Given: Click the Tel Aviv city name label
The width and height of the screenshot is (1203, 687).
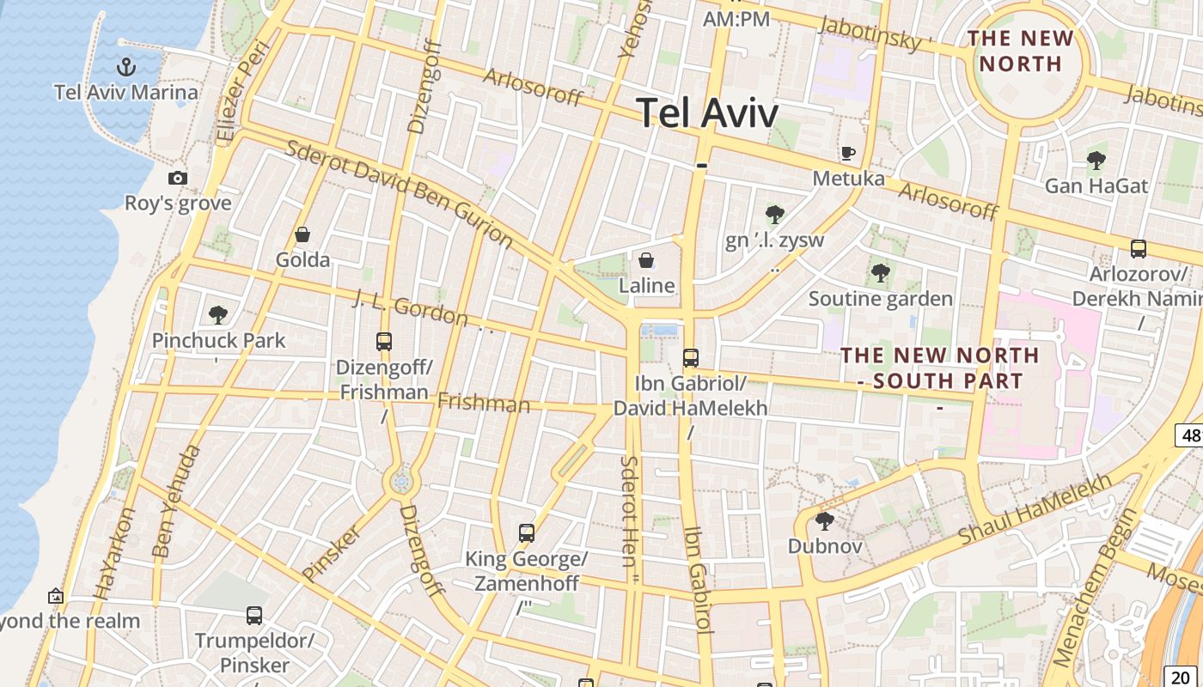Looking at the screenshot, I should [707, 112].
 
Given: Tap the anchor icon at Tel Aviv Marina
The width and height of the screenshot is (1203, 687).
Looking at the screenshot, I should [126, 66].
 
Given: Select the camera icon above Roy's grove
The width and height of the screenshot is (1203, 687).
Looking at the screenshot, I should [178, 178].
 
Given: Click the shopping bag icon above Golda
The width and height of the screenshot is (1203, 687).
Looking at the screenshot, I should [302, 234].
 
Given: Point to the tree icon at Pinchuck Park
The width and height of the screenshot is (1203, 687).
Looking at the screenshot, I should [218, 314].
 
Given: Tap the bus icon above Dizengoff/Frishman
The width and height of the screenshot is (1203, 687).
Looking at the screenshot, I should [384, 341].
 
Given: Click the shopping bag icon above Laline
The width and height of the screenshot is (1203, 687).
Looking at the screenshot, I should [646, 259].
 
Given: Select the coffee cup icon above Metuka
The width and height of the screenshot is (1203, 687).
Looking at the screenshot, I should [848, 153].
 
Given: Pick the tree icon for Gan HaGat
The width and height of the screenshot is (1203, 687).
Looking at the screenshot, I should [1096, 160].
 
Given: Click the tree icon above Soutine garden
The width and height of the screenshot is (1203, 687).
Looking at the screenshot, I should [880, 273].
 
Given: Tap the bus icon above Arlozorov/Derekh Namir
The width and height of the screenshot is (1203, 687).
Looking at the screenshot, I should [1139, 249].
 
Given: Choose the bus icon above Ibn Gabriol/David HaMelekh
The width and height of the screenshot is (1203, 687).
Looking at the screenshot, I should [690, 358].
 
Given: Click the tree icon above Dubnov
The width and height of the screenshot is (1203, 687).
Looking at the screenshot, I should [825, 520].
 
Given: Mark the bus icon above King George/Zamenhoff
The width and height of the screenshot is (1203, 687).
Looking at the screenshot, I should [527, 533].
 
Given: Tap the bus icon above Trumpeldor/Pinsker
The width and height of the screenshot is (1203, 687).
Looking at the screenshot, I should [254, 615].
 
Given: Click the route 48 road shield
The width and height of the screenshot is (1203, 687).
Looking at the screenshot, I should [1190, 435].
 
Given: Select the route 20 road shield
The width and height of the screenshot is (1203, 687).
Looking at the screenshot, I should [1180, 678].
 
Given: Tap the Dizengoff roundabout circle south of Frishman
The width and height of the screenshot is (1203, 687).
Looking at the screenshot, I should [400, 482].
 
